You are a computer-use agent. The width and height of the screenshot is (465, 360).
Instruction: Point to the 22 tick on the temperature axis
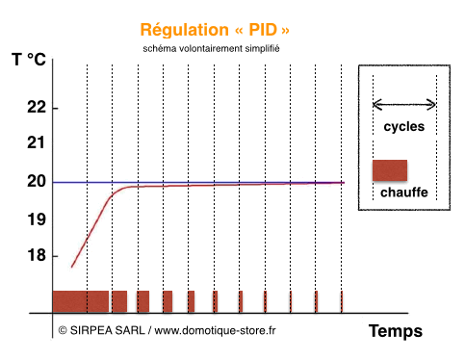[37, 106]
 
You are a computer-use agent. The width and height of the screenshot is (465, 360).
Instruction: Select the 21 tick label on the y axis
[37, 142]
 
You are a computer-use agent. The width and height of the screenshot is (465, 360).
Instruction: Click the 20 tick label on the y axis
[37, 181]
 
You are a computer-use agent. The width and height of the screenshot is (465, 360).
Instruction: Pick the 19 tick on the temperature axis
[37, 219]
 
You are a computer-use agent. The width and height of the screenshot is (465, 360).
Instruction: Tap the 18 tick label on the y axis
[37, 255]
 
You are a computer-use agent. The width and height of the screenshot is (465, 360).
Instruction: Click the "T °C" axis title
[29, 59]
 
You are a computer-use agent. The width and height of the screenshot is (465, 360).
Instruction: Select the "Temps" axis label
[395, 330]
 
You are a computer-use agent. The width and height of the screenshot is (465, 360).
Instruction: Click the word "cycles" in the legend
[403, 126]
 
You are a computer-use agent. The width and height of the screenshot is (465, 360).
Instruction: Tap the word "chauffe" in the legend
[403, 193]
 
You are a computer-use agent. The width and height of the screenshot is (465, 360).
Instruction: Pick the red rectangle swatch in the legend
[389, 170]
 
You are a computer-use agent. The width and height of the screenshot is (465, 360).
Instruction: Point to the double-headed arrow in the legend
[404, 104]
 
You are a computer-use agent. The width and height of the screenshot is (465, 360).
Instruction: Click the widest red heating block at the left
[81, 300]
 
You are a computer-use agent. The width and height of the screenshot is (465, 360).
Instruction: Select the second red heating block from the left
[119, 300]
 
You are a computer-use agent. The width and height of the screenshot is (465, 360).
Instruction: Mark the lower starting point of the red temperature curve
[71, 267]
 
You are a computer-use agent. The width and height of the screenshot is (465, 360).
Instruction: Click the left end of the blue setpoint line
[55, 182]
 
